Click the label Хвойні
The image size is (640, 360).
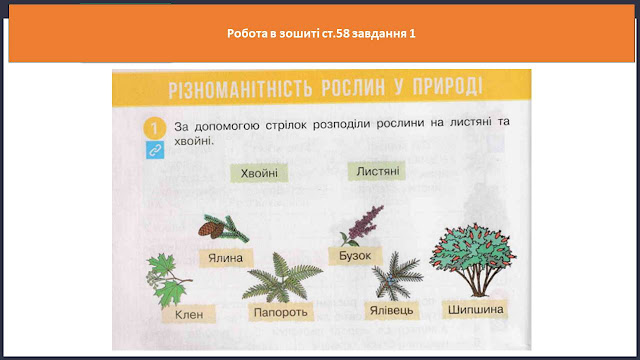coord(259,173)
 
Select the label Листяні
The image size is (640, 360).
coord(377,171)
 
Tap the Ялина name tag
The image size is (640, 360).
coord(226,258)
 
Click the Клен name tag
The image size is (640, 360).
coord(189,314)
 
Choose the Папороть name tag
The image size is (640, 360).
coord(280,312)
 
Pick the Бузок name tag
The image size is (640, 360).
coord(355,256)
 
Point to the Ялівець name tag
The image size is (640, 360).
coord(391,310)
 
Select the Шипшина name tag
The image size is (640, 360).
coord(476,309)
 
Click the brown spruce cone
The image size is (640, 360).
coord(211,229)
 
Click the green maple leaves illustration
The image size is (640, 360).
coord(168,280)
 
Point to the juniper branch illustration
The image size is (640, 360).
coord(397,276)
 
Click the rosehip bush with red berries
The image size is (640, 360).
coord(473,259)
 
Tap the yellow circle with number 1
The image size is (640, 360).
coord(154,128)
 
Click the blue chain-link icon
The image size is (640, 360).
coord(155,150)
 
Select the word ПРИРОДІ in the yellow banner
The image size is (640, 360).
coord(447,87)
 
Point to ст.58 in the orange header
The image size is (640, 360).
coord(336,33)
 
